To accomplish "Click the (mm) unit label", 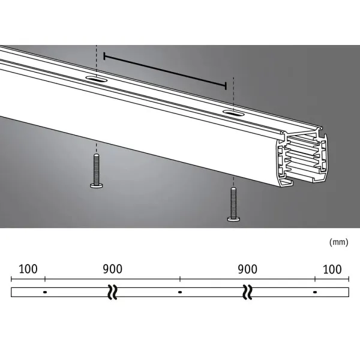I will point(338,242).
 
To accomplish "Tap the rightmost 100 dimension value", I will point(332,269).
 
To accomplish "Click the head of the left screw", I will point(97,185).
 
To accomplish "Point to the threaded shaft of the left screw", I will point(97,169).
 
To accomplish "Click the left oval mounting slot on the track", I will point(96,79).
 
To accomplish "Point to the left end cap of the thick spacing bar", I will point(105,56).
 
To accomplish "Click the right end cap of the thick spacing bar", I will point(226,85).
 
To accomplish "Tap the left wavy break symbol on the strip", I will point(112,292).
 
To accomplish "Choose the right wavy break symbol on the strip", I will point(247,292).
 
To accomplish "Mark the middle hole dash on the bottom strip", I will point(180,292).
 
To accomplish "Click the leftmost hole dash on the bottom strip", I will point(45,292).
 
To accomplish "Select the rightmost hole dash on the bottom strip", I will point(315,292).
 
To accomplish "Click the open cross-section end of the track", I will point(302,160).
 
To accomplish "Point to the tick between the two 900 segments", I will point(180,280).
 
